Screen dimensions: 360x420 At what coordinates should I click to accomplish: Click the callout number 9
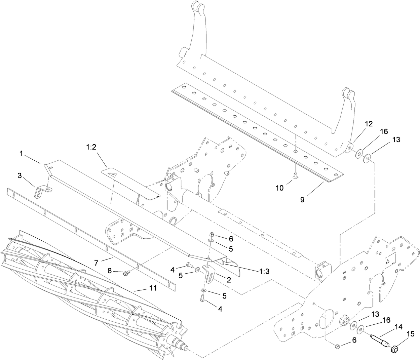coord(302,199)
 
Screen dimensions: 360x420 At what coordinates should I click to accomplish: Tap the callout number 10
coord(280,188)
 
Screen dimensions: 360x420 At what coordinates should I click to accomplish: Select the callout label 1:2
coord(91,147)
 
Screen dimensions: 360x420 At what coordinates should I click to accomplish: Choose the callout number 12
coord(369,124)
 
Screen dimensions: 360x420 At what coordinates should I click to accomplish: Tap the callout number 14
coord(398,326)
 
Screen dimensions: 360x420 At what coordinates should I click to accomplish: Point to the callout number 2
coord(228,279)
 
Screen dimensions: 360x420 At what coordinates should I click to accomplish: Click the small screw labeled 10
coord(295,175)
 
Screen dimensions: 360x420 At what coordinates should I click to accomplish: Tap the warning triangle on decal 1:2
coord(115,175)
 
